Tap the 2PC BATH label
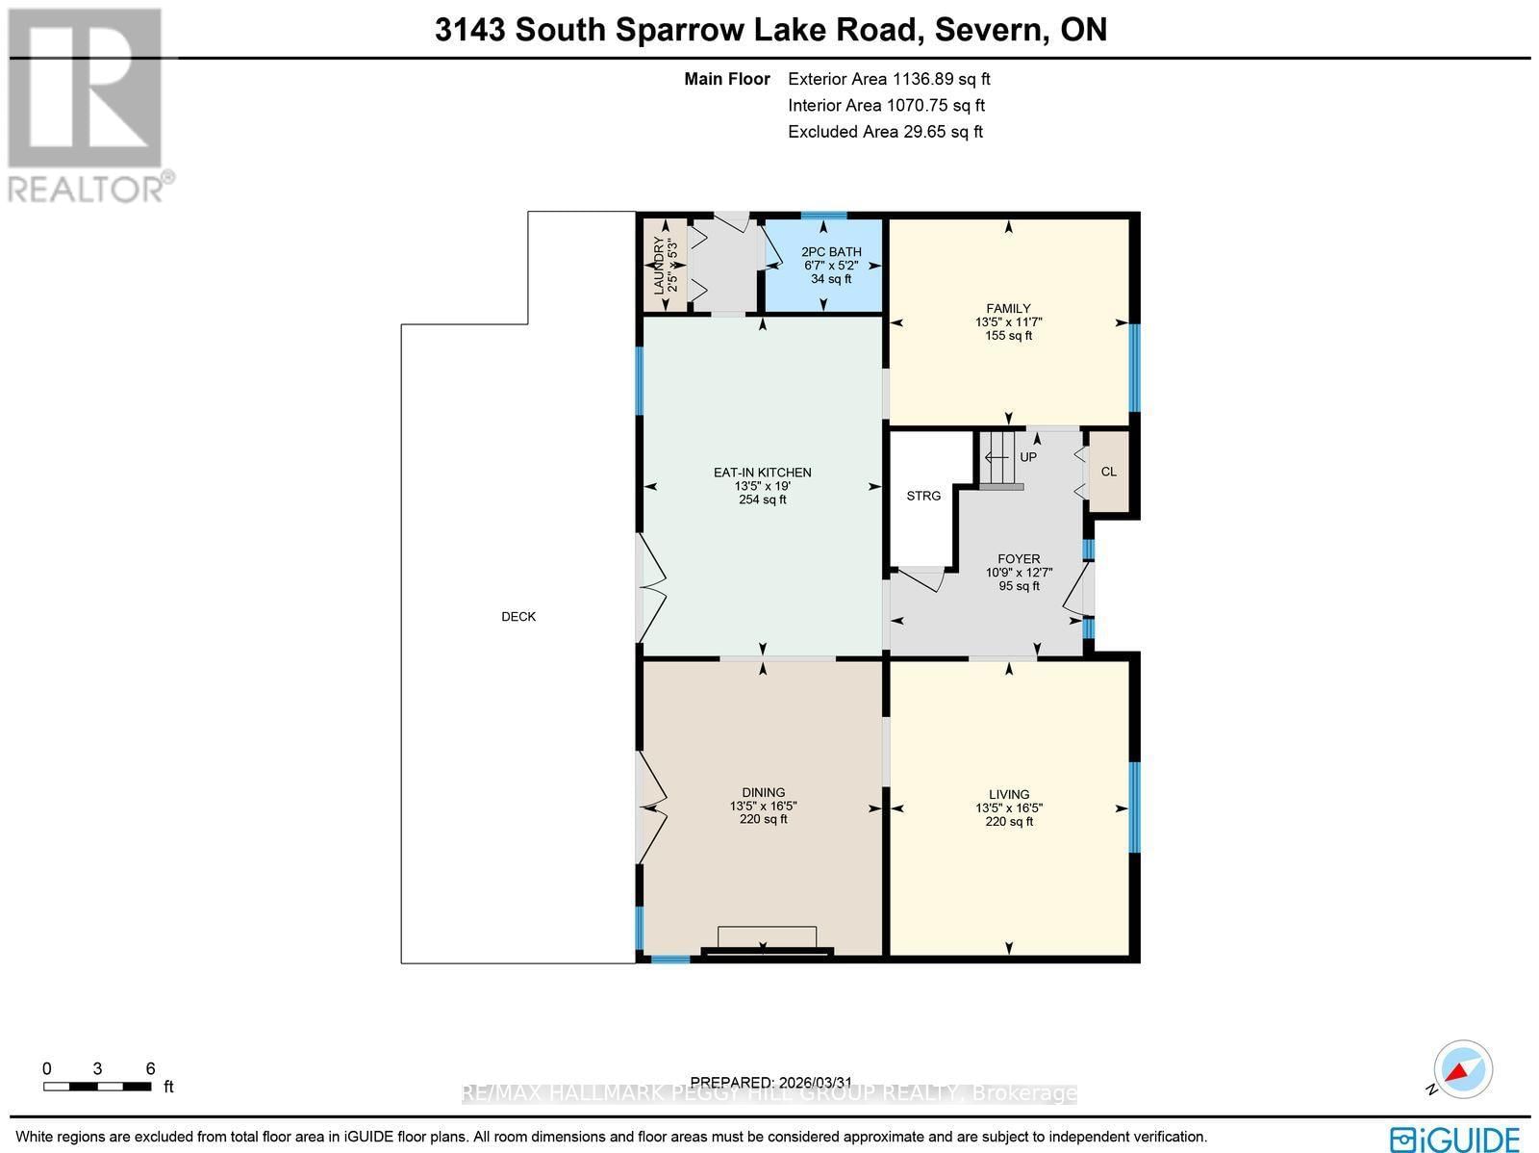(831, 252)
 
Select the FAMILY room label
(1008, 309)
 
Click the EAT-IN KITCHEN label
(762, 473)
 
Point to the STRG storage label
(923, 496)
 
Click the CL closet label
(1108, 472)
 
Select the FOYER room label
(1019, 559)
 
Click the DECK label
(518, 617)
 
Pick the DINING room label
(763, 793)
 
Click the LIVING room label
(1008, 795)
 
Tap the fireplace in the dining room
(767, 940)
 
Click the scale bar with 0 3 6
(97, 1087)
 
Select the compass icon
(1462, 1069)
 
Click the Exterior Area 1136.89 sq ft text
(888, 80)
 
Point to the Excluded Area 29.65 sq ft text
(885, 132)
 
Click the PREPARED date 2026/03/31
(771, 1083)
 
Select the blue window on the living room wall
(1134, 807)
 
